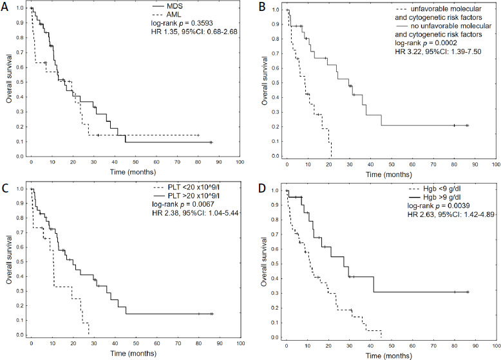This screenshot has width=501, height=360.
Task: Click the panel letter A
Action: (6, 6)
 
